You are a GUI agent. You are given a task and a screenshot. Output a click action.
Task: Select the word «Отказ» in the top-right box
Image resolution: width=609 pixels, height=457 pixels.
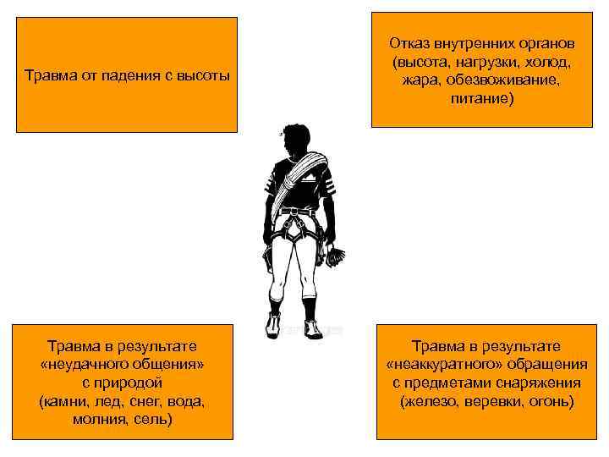tap(408, 42)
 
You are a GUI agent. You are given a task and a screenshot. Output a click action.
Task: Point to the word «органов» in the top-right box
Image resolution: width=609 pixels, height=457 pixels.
tap(542, 42)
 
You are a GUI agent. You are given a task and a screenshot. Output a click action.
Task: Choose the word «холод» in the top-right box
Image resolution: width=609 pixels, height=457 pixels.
tap(548, 62)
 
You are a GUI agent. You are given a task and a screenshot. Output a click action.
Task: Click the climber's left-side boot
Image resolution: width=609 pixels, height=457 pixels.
tap(274, 324)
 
